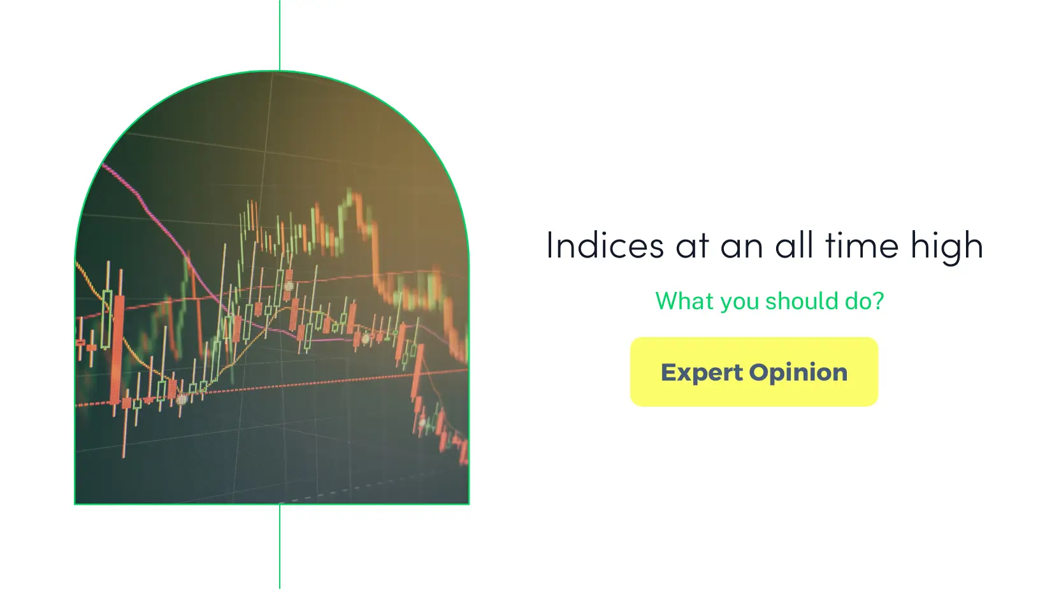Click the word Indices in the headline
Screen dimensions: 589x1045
[x=596, y=245]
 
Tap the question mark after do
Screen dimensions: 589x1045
[x=879, y=301]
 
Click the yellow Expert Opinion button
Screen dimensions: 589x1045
[x=754, y=372]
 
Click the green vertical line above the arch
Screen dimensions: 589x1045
[x=280, y=35]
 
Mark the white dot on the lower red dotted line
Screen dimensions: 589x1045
[x=182, y=400]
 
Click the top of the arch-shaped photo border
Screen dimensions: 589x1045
[x=273, y=71]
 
